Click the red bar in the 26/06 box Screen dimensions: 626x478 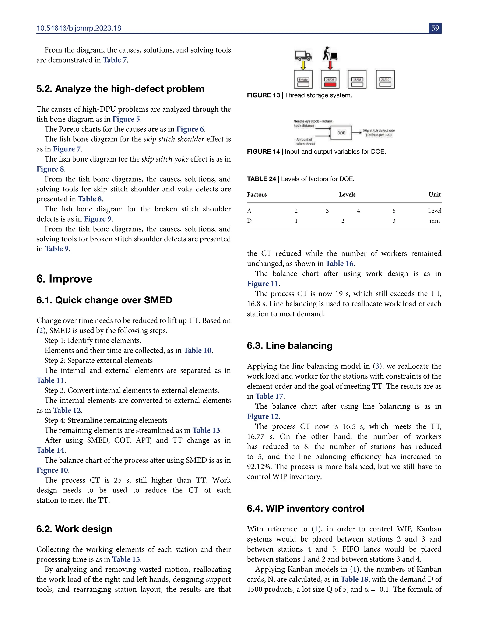click(330, 84)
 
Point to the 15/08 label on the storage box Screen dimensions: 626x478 click(357, 80)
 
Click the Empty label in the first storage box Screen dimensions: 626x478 click(303, 80)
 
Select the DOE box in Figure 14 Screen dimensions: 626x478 click(341, 133)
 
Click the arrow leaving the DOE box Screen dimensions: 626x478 click(357, 133)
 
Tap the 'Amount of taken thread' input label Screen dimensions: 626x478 click(306, 141)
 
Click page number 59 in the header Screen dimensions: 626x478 click(435, 28)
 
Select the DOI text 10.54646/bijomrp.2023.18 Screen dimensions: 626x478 click(79, 28)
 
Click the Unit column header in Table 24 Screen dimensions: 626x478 click(434, 195)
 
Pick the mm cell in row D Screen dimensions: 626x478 click(434, 221)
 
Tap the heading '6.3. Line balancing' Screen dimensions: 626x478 click(289, 346)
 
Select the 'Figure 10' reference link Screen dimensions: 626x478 click(52, 470)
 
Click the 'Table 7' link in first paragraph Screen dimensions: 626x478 click(115, 60)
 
